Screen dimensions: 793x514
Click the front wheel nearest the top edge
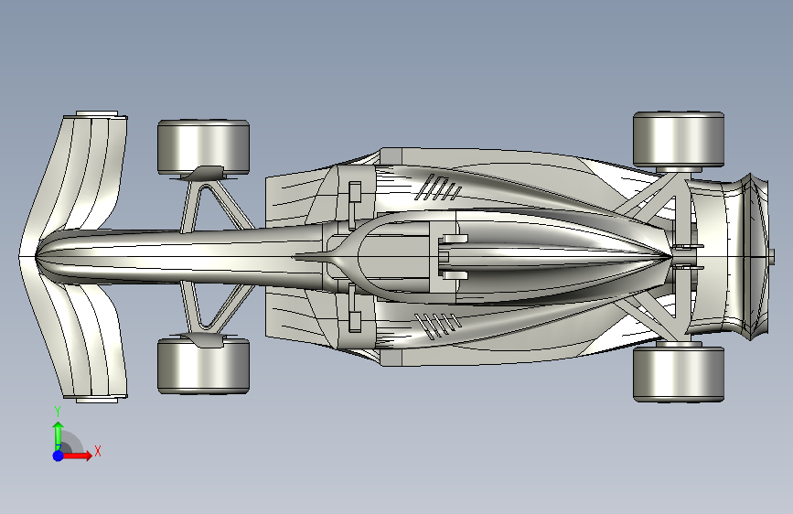203,146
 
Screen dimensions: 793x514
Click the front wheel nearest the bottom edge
203,366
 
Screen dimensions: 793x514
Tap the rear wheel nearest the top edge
679,140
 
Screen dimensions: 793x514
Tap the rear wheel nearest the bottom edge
679,374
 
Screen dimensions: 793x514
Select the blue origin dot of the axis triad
59,455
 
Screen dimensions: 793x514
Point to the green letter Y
58,411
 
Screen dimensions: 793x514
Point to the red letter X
98,451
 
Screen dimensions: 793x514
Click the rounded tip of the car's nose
38,256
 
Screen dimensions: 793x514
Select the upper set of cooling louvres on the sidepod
438,187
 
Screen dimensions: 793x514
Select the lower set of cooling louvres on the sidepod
438,326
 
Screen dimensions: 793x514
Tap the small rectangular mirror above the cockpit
355,193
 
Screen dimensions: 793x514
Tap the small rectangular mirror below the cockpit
355,322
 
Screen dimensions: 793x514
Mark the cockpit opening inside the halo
394,256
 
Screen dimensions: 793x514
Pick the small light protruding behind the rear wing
772,256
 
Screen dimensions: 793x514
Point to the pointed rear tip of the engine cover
670,256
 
